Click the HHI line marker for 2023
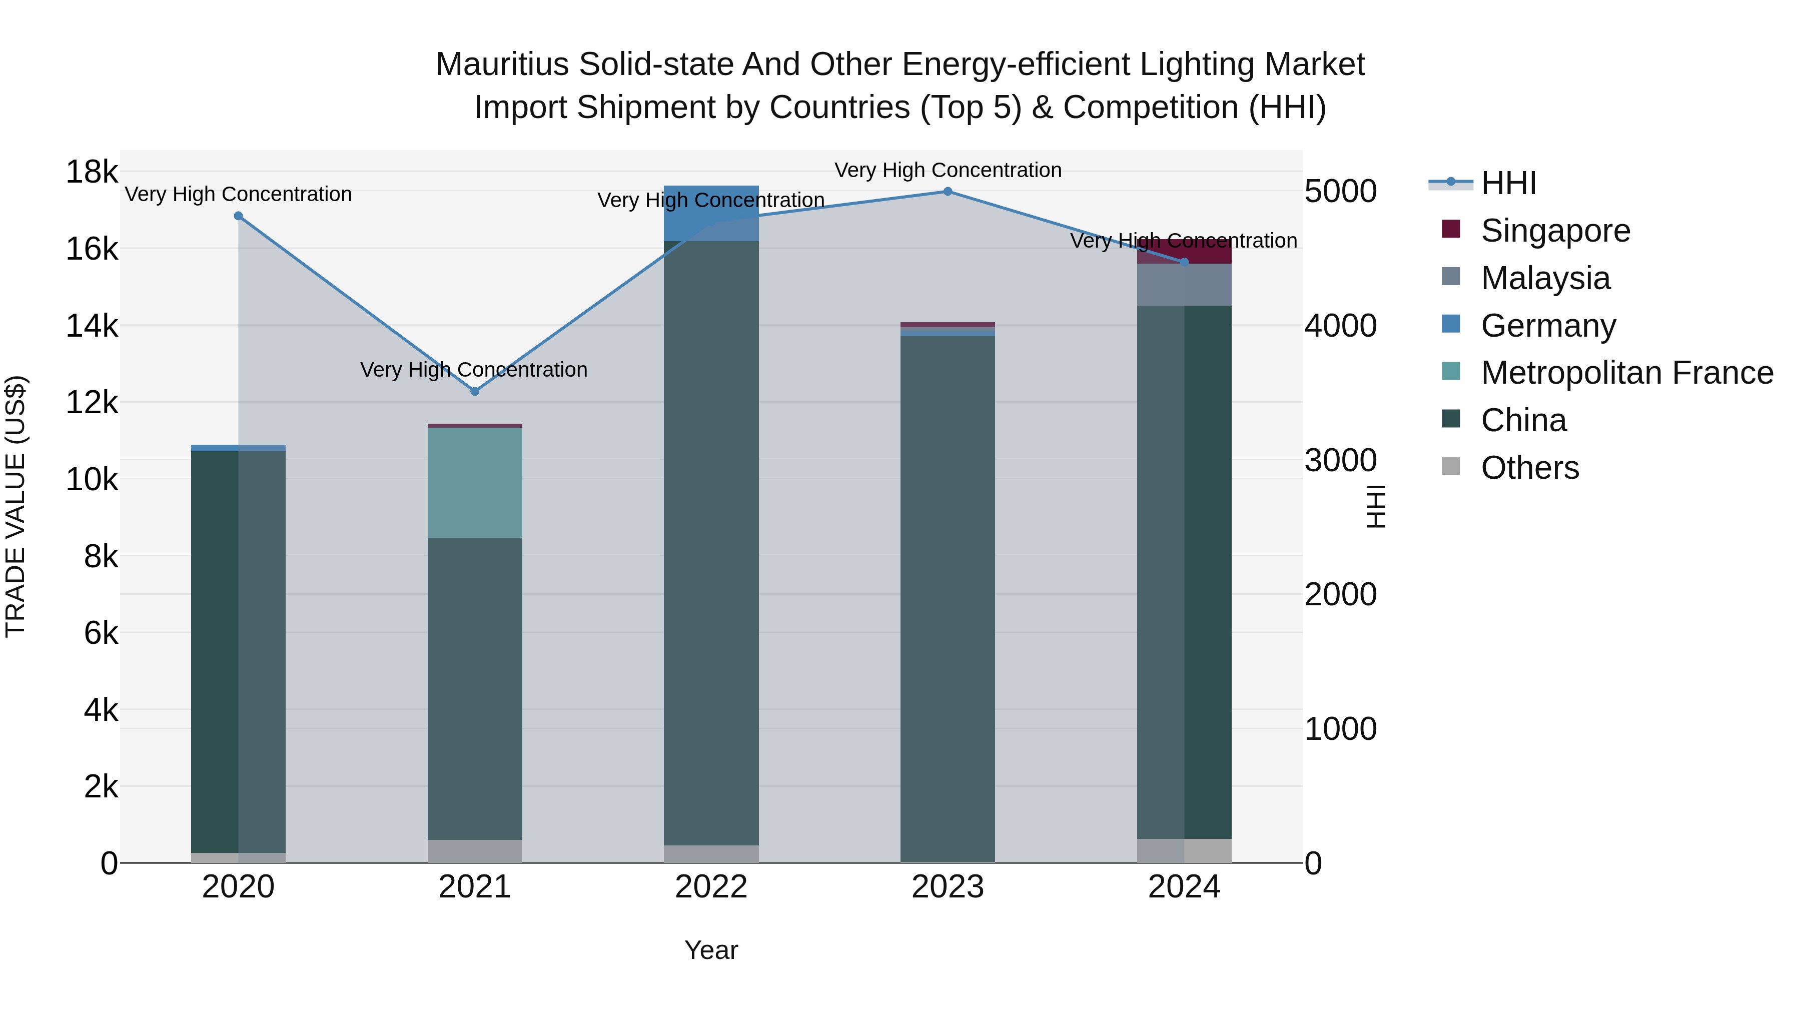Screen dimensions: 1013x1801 [948, 191]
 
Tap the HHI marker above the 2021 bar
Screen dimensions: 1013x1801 [475, 392]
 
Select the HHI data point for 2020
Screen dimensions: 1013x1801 [239, 216]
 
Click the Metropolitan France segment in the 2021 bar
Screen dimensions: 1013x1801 [475, 482]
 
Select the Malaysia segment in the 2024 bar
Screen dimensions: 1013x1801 [1184, 285]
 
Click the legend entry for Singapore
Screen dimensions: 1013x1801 [1555, 231]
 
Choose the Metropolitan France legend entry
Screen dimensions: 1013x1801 [1626, 373]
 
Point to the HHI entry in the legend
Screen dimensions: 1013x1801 [1508, 183]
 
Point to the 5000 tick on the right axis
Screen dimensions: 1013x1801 [1340, 191]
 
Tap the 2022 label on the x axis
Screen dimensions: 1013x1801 [711, 887]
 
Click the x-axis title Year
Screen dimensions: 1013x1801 [711, 950]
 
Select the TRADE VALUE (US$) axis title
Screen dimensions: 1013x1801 [16, 506]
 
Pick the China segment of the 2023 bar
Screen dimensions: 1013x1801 [948, 594]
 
